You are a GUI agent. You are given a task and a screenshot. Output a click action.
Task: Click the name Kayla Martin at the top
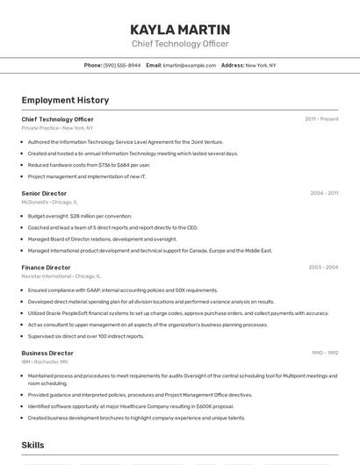[x=180, y=29]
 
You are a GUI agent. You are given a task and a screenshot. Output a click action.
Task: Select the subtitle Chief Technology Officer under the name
[x=180, y=44]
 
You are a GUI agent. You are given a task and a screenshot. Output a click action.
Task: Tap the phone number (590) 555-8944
[x=122, y=65]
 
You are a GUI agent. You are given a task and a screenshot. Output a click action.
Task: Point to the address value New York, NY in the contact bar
[x=261, y=65]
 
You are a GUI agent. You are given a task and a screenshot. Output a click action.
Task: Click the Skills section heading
[x=33, y=446]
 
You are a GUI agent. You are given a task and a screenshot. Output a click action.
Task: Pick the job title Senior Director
[x=44, y=193]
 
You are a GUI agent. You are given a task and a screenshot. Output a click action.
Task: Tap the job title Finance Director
[x=46, y=268]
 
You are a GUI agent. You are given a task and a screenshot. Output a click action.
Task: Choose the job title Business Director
[x=47, y=353]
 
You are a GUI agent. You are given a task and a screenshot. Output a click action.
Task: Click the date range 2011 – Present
[x=321, y=119]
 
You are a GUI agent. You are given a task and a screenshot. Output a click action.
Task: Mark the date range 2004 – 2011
[x=324, y=193]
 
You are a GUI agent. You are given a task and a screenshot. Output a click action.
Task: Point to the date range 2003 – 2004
[x=323, y=268]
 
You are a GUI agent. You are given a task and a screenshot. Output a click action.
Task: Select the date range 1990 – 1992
[x=325, y=353]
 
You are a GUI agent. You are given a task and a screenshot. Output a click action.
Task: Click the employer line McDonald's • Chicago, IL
[x=49, y=202]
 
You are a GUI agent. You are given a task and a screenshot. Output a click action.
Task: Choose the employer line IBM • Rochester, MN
[x=45, y=361]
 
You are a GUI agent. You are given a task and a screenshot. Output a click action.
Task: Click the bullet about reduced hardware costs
[x=89, y=164]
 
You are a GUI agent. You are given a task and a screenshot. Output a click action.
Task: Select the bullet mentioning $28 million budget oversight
[x=80, y=216]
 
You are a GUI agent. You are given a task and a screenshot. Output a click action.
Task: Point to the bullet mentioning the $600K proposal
[x=131, y=406]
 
